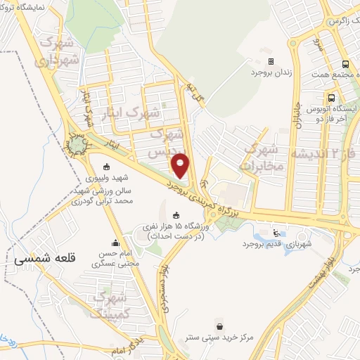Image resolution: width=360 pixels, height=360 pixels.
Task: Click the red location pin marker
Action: tap(181, 165)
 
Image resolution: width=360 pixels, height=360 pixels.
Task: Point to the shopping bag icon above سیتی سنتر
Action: tap(222, 326)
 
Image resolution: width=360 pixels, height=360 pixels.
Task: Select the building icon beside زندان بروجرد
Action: tap(271, 61)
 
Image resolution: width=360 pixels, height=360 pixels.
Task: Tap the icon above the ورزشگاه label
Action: tap(175, 214)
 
